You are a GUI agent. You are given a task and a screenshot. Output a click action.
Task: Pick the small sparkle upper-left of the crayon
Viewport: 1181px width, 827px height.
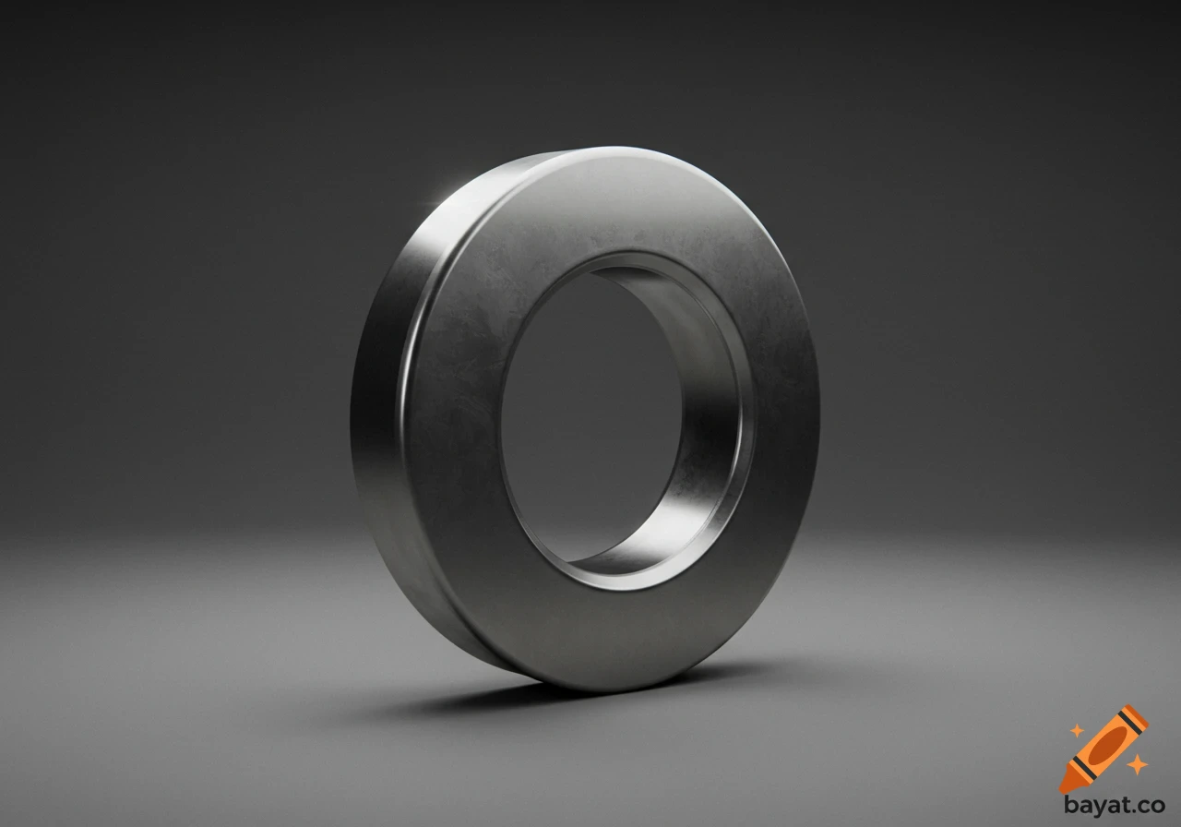1076,730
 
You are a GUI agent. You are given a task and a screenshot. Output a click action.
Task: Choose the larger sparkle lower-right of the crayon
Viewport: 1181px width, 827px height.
1137,764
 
